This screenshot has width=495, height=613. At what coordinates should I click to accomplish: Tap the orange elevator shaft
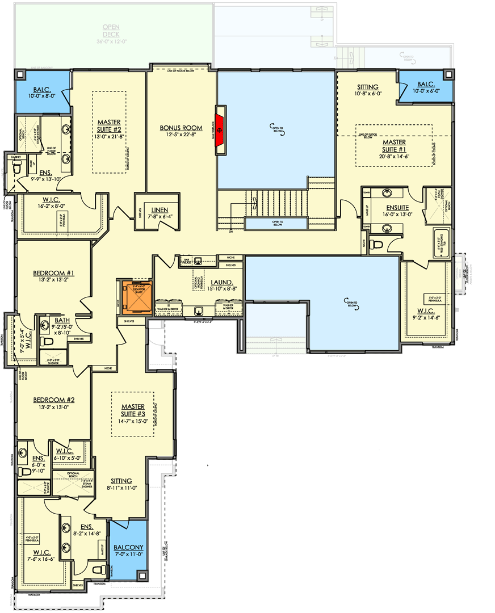pos(133,296)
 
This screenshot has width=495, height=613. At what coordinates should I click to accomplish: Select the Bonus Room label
pos(177,128)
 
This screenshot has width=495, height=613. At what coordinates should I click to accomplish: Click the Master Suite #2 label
pos(108,125)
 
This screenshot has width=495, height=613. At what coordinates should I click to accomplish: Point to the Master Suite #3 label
pos(132,410)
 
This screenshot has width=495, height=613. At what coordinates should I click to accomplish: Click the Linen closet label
pos(156,209)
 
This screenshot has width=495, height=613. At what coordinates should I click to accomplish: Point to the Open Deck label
pos(111,31)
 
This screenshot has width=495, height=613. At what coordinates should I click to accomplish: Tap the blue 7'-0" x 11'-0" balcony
pos(128,551)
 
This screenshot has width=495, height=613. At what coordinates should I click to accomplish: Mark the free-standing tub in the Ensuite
pos(441,242)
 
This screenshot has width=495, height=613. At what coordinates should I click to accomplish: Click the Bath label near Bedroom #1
pos(62,320)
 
